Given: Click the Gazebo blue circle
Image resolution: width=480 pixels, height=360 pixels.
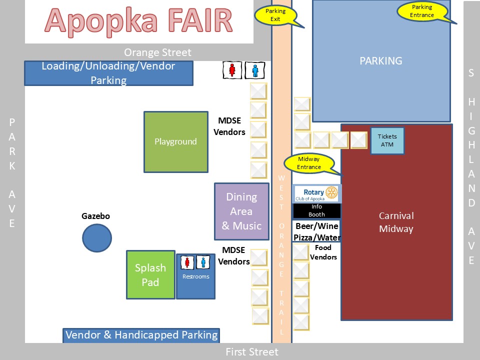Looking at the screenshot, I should point(97,238).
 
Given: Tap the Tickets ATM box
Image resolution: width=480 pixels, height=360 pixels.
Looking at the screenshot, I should point(387,140).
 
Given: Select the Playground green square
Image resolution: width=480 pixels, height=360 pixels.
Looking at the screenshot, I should point(175,142).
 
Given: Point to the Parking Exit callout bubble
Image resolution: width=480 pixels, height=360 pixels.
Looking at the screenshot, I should point(275,15).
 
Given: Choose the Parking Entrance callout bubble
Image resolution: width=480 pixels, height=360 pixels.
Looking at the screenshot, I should point(422,11).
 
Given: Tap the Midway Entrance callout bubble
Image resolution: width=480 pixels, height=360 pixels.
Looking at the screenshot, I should point(309,163).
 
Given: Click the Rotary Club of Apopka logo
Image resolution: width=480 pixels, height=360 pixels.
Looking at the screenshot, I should point(316,193).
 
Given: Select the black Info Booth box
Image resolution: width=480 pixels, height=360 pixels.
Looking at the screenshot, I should point(316,210).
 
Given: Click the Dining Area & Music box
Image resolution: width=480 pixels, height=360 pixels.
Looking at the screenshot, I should point(242,211).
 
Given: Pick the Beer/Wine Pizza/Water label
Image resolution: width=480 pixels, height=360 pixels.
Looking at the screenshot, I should point(316,231).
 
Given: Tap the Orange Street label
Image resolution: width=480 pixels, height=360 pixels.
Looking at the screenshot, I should point(157,52).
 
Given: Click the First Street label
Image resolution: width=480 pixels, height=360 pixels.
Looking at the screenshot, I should point(252,352).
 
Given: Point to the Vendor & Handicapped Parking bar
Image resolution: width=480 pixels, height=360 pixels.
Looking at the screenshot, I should point(141,335).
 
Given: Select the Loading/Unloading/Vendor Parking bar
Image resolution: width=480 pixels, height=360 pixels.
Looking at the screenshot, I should point(108,73).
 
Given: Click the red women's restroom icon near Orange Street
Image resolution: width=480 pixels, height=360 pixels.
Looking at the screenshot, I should point(232,70).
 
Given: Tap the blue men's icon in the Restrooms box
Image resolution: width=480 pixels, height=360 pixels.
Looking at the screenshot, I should point(203,262).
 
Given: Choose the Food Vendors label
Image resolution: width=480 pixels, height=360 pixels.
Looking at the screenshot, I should point(323,252).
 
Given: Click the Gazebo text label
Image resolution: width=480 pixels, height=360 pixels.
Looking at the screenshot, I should point(95,216).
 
